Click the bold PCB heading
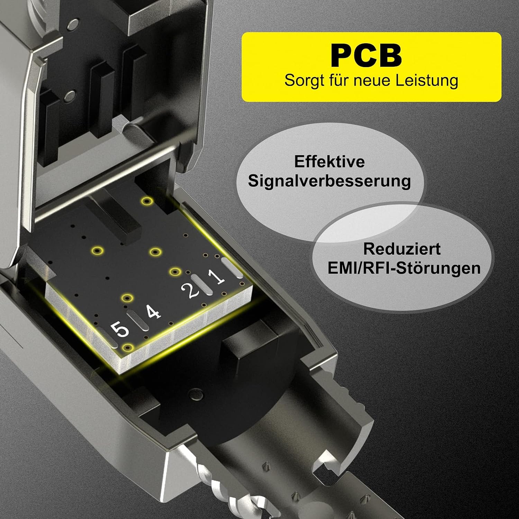pos(366,55)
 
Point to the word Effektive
pos(329,162)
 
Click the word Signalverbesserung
pos(329,181)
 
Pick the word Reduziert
pos(402,249)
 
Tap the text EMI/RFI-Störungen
pos(404,268)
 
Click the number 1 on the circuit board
pos(217,276)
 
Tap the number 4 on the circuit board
pos(153,312)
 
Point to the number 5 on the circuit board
pos(121,329)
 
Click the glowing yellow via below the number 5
pos(128,347)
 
